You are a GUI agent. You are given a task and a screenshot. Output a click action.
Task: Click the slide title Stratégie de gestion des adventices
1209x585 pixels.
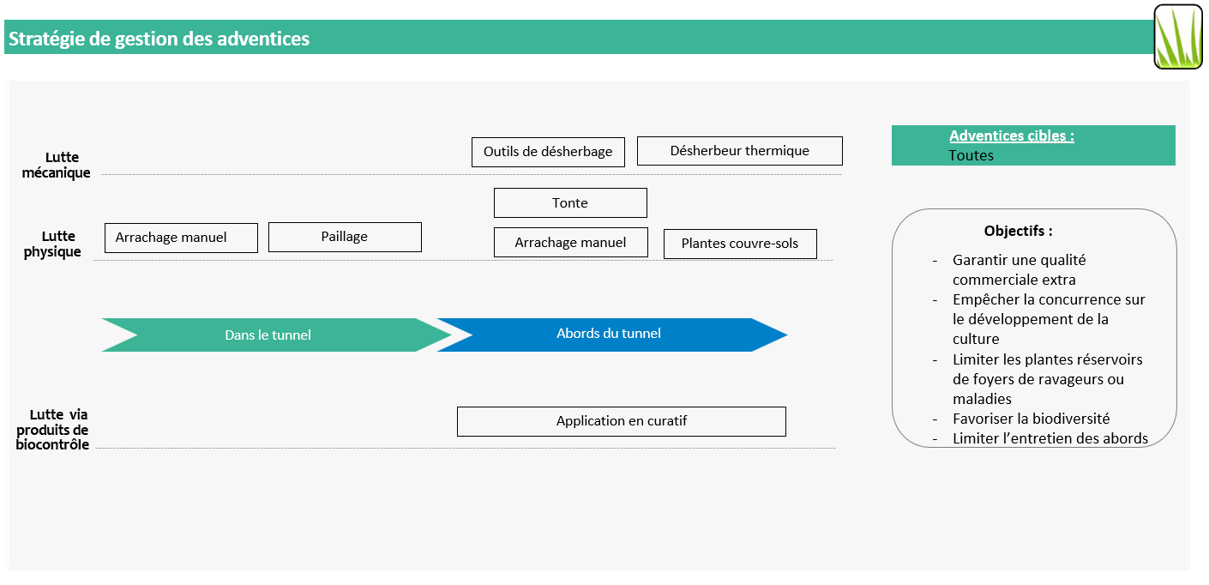[159, 39]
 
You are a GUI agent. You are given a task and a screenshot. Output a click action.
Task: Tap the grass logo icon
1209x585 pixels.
[1177, 37]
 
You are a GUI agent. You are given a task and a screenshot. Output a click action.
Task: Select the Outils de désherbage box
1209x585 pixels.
[548, 152]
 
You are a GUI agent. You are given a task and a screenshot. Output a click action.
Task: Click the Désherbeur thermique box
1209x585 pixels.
[739, 151]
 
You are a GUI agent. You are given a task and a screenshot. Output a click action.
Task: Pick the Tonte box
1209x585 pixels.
[570, 203]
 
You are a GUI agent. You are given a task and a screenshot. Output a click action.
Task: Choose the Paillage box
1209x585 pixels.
[345, 237]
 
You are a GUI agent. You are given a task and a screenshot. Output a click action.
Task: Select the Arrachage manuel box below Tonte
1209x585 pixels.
[570, 243]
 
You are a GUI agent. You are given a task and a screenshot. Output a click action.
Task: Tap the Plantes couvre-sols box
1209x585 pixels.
[739, 244]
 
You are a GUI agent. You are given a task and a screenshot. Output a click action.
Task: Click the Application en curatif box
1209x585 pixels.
[621, 421]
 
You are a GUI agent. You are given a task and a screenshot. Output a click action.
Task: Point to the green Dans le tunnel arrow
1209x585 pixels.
[268, 335]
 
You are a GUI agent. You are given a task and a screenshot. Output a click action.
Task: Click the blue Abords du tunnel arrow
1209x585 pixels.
[608, 335]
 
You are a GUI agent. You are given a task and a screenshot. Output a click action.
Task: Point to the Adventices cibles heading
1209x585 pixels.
[1011, 136]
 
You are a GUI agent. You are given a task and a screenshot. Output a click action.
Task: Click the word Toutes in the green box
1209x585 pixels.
[971, 155]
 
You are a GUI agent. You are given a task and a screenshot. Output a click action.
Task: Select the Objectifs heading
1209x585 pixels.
[1018, 232]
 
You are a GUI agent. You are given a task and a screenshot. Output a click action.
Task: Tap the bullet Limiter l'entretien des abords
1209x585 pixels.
[1050, 438]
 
